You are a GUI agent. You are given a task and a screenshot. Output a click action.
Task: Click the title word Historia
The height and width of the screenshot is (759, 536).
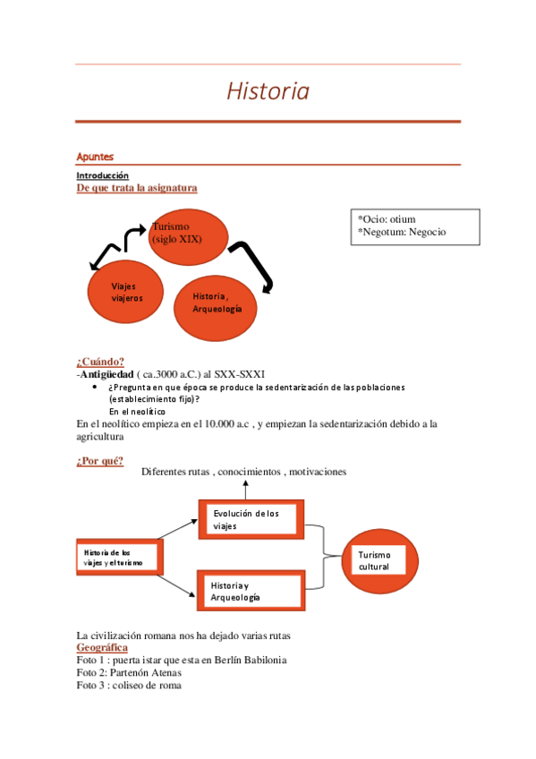tap(268, 91)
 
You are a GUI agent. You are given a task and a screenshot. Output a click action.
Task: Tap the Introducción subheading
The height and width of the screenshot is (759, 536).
tap(102, 175)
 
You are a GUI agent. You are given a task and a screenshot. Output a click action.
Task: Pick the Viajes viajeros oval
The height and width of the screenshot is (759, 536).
tap(127, 292)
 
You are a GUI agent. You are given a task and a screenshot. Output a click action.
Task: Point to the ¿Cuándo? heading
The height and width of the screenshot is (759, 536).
tap(100, 362)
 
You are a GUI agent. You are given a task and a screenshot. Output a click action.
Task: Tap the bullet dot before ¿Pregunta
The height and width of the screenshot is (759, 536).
tap(96, 388)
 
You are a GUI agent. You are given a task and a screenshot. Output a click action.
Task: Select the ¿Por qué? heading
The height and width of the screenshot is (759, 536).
tap(100, 461)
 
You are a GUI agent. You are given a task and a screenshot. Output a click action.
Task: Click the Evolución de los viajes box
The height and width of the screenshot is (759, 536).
tap(251, 520)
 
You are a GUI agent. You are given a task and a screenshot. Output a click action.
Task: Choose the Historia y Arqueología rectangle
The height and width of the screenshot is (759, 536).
tap(251, 591)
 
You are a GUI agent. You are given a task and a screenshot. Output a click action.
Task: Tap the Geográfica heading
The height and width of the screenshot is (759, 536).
tap(102, 647)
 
